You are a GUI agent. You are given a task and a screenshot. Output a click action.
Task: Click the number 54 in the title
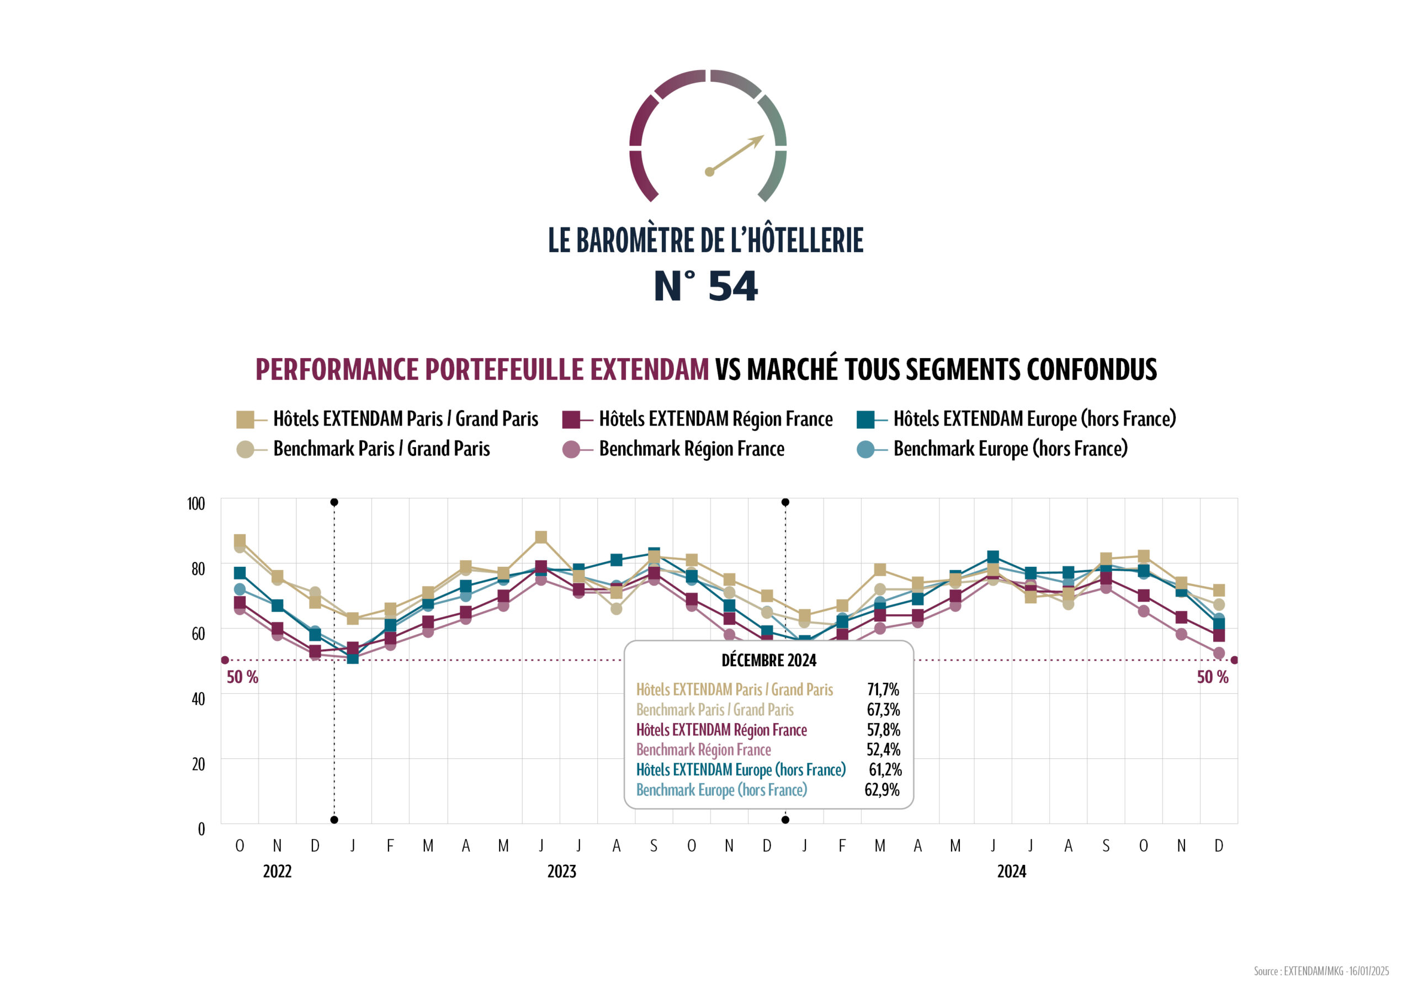click(x=732, y=286)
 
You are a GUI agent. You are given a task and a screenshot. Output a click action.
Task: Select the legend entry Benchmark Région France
click(x=691, y=449)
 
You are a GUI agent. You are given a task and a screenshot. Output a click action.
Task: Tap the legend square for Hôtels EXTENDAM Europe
click(x=865, y=419)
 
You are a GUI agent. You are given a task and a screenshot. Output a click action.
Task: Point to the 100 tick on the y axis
click(x=196, y=503)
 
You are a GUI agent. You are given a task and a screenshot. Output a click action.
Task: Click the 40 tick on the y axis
click(x=198, y=699)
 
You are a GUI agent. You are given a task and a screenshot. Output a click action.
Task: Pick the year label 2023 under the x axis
click(x=561, y=872)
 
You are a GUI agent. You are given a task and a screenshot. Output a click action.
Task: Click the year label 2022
click(x=277, y=872)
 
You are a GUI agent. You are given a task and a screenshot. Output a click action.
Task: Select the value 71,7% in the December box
click(x=883, y=689)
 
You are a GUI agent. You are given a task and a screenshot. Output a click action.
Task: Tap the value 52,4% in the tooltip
click(x=883, y=749)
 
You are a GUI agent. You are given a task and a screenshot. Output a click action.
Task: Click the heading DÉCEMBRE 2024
click(x=769, y=661)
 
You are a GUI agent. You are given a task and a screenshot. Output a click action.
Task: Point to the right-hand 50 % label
click(x=1212, y=677)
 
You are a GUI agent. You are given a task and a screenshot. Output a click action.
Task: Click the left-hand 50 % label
click(x=242, y=677)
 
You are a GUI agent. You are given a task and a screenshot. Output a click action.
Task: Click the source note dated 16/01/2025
click(x=1321, y=971)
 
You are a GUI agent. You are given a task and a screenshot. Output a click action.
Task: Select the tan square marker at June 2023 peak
click(x=541, y=538)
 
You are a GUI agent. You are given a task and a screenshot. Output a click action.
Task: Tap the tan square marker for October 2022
click(x=240, y=540)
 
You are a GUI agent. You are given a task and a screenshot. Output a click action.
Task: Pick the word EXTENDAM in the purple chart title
click(x=649, y=369)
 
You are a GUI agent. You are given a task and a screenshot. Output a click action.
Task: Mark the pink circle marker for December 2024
click(x=1219, y=653)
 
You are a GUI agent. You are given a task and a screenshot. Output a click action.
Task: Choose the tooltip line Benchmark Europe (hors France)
click(x=721, y=790)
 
